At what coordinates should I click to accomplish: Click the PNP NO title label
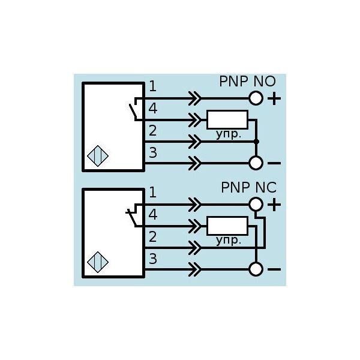pos(247,81)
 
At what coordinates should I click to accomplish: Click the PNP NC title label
pos(248,187)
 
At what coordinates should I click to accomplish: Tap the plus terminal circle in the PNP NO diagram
pos(256,98)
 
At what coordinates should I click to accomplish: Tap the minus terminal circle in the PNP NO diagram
pos(256,163)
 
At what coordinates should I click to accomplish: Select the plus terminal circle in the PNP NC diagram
pos(256,204)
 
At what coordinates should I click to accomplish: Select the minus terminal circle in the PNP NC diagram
pos(256,269)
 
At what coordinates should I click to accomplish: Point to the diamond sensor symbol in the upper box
pos(98,156)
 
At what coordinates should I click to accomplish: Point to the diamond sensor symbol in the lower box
pos(98,262)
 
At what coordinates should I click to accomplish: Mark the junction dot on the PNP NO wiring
pos(256,142)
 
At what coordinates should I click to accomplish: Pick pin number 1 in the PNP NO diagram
pos(153,86)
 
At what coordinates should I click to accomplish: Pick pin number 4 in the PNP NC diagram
pos(153,214)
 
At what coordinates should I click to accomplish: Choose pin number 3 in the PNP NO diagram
pos(153,152)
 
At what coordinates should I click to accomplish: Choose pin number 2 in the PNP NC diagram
pos(153,236)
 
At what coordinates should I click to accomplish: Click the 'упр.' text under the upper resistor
pos(229,134)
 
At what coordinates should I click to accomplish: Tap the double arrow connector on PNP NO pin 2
pos(194,142)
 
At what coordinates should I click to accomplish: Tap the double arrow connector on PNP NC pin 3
pos(194,269)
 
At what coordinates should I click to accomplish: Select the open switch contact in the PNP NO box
pos(133,112)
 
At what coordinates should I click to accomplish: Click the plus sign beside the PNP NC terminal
pos(274,205)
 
